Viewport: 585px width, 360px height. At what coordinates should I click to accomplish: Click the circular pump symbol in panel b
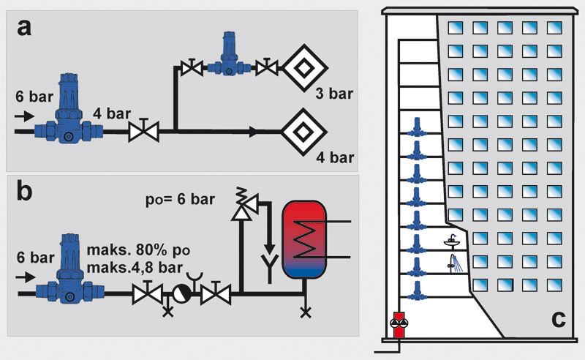click(x=180, y=296)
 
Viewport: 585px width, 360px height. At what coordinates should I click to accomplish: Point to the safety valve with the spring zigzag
click(x=239, y=203)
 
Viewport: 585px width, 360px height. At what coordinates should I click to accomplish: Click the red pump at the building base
click(x=398, y=323)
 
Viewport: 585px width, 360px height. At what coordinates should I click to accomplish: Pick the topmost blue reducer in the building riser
click(x=416, y=127)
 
